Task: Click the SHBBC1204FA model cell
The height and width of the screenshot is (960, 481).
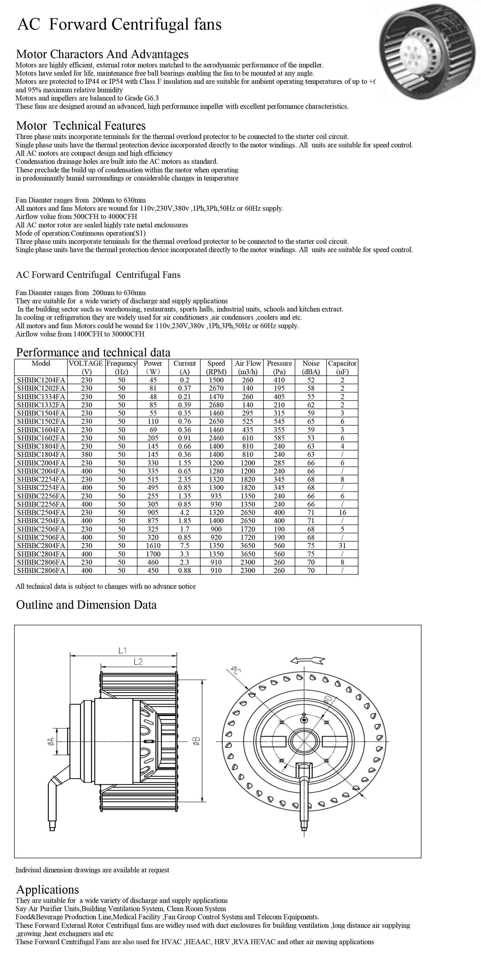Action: point(41,380)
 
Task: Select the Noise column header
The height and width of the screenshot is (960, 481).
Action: point(311,367)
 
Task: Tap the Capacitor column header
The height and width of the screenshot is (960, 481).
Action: point(342,367)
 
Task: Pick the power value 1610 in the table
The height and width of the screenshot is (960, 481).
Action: point(153,546)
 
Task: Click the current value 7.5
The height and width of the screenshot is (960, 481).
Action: point(184,546)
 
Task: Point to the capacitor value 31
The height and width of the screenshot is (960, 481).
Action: point(342,546)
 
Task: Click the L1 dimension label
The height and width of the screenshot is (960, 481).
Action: point(123,651)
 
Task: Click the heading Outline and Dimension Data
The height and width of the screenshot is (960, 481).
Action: point(86,605)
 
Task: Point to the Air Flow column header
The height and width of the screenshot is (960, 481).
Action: point(248,367)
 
